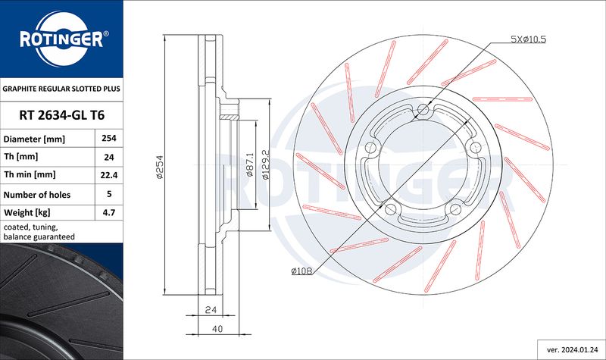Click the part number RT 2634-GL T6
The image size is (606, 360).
pyautogui.click(x=61, y=116)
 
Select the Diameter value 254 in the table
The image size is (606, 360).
pyautogui.click(x=108, y=140)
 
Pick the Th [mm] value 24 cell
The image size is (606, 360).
pyautogui.click(x=108, y=158)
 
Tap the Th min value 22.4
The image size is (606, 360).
pyautogui.click(x=108, y=175)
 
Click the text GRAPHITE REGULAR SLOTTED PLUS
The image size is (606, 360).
pyautogui.click(x=61, y=89)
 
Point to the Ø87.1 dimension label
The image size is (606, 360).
pyautogui.click(x=250, y=164)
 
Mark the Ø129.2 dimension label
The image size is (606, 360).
pyautogui.click(x=266, y=164)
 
